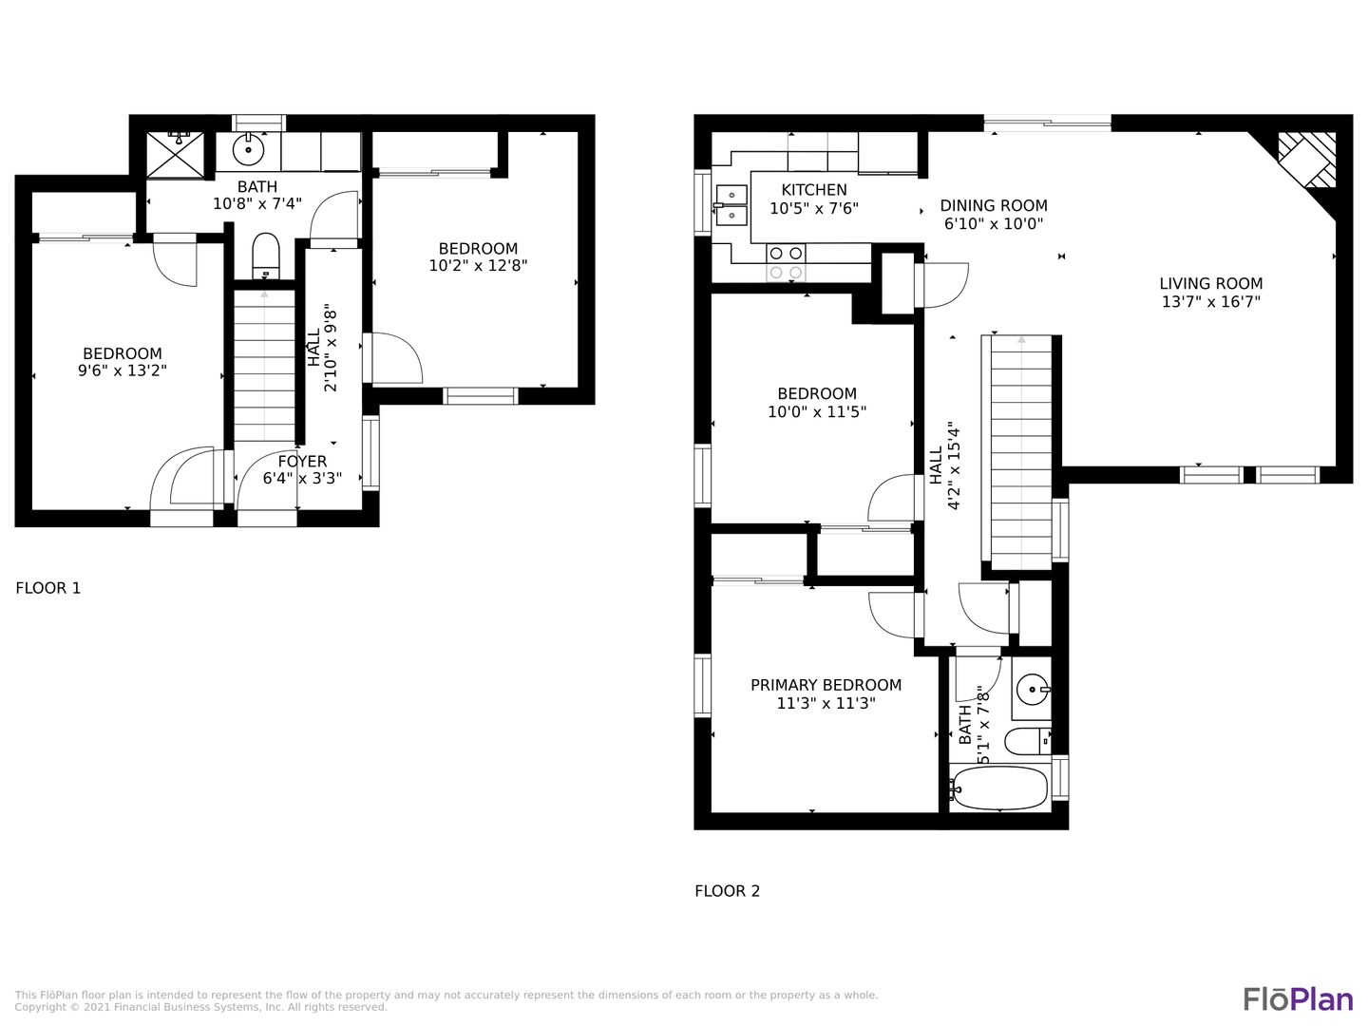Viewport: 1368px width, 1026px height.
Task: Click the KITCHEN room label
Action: [814, 190]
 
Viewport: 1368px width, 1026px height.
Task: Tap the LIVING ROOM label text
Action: [1211, 283]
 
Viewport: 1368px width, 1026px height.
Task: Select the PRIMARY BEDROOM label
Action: [826, 685]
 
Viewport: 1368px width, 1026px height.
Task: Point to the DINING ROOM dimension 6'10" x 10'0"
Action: [994, 223]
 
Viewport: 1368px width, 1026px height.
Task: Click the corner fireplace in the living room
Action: [1307, 161]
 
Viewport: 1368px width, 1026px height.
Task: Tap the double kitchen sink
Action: [731, 204]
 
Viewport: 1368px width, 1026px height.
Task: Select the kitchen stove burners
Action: [786, 262]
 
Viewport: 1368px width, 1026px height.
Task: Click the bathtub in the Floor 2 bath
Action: [999, 788]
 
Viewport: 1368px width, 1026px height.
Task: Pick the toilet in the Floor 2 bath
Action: [1028, 741]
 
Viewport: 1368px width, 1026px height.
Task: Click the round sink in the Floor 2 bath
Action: [1032, 690]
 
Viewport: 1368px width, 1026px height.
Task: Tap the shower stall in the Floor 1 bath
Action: [175, 155]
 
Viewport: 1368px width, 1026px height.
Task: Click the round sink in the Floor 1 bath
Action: [248, 149]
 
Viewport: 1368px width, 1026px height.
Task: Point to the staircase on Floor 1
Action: [264, 366]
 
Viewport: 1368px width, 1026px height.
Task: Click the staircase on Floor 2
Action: [1021, 452]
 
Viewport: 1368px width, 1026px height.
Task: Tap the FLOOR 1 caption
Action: [48, 588]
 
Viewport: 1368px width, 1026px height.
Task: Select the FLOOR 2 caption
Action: [728, 891]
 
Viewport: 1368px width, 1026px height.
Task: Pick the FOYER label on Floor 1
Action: [302, 462]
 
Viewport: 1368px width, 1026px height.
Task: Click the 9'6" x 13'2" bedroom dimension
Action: [123, 370]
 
